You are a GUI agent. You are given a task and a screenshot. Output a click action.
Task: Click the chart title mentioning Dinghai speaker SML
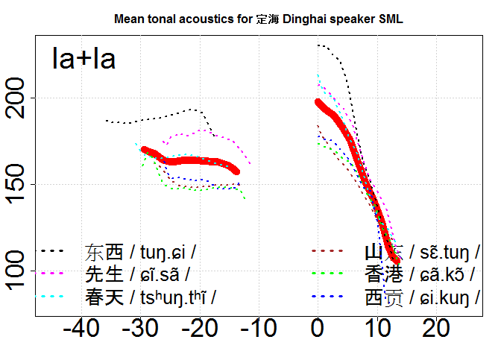click(x=258, y=19)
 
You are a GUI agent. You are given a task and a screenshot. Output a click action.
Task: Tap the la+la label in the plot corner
click(x=83, y=59)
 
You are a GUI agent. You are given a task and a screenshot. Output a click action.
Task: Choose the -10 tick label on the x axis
click(x=258, y=328)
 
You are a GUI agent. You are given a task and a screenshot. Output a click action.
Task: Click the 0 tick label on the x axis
click(x=318, y=328)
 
